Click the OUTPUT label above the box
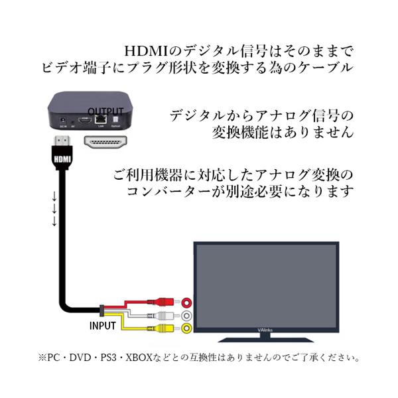tap(106, 111)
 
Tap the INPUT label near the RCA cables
tap(103, 326)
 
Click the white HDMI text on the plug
tap(62, 159)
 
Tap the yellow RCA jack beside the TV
tap(188, 328)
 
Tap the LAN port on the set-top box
tap(100, 120)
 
